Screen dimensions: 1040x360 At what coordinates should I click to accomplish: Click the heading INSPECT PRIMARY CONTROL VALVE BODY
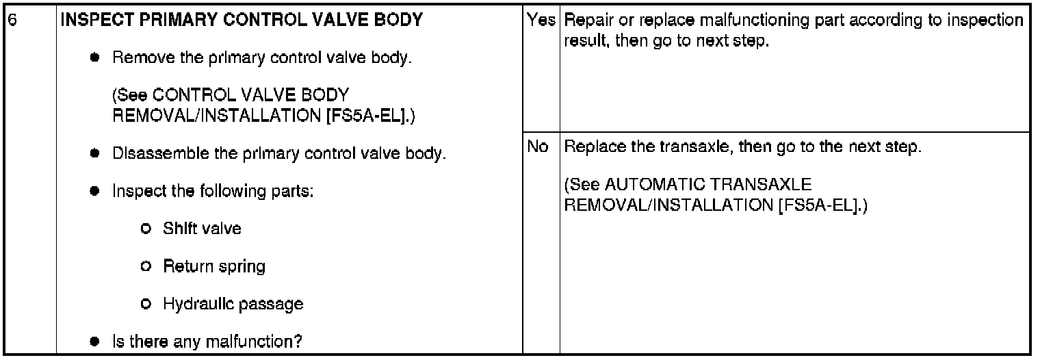click(242, 21)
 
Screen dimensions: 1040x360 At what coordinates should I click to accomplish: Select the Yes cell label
click(541, 21)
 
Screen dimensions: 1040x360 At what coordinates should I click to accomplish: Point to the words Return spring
click(213, 266)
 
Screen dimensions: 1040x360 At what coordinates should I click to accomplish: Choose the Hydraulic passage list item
click(233, 303)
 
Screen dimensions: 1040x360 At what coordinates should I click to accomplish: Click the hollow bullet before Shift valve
click(146, 229)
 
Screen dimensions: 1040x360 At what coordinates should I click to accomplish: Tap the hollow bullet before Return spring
click(146, 266)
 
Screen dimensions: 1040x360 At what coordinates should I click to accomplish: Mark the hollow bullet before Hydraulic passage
click(146, 304)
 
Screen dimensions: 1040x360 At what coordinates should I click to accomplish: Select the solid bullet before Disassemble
click(94, 153)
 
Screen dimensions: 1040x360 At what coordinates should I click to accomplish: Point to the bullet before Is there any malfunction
click(94, 341)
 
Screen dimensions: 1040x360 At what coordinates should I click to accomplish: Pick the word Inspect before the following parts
click(136, 190)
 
